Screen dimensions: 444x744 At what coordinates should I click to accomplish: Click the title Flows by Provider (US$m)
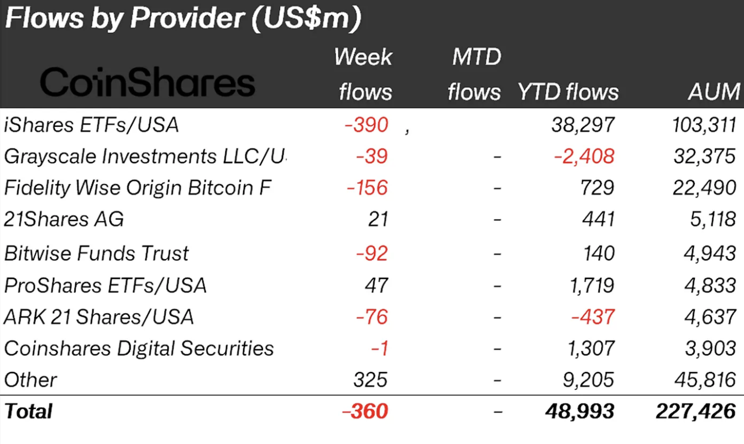(x=182, y=19)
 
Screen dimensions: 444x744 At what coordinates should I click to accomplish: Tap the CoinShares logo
(x=148, y=83)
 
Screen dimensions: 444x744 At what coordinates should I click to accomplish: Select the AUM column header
(x=714, y=92)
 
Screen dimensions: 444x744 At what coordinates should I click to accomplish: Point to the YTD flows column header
(x=568, y=92)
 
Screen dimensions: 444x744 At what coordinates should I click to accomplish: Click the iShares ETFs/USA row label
(x=91, y=125)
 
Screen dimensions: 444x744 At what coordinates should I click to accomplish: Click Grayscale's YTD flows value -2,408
(x=584, y=156)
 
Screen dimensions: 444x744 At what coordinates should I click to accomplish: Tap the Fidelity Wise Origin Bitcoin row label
(x=138, y=188)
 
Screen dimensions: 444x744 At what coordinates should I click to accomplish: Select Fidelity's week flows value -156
(x=367, y=188)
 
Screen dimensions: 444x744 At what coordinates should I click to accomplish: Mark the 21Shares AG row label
(x=64, y=220)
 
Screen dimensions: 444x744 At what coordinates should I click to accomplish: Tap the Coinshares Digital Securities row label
(x=139, y=348)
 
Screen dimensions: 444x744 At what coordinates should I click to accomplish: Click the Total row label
(x=28, y=411)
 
